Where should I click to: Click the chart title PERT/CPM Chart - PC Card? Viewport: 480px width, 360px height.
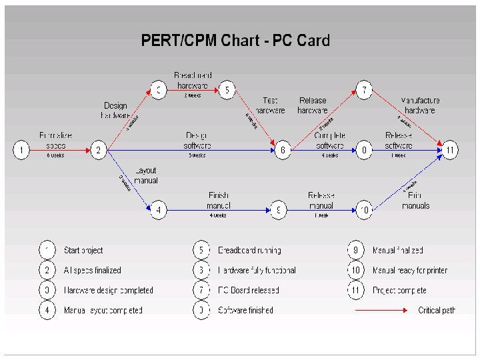point(235,41)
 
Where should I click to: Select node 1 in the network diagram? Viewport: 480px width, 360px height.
point(21,151)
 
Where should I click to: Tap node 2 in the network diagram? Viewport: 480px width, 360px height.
point(99,151)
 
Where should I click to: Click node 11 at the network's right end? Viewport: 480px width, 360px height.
point(451,151)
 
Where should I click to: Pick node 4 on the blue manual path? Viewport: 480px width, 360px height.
point(158,210)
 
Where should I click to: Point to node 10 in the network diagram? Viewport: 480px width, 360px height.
point(364,210)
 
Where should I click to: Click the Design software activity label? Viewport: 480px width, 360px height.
point(198,140)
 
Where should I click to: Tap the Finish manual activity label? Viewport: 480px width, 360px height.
point(219,201)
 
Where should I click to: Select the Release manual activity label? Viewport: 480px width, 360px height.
point(321,201)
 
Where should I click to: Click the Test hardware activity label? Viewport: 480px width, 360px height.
point(270,105)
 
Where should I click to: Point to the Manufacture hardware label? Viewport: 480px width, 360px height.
point(420,105)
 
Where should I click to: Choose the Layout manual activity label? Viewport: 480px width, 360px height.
point(145,175)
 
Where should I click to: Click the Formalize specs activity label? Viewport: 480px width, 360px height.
point(56,140)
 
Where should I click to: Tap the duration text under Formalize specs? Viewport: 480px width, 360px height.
point(55,155)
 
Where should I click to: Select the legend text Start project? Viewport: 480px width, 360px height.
point(83,251)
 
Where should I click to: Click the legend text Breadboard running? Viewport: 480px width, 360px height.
point(249,251)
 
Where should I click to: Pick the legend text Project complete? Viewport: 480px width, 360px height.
point(399,291)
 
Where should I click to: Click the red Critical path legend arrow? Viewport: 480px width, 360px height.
point(381,311)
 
